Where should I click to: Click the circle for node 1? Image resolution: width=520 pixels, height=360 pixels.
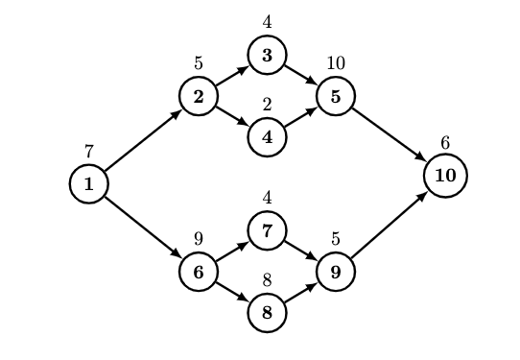(x=88, y=184)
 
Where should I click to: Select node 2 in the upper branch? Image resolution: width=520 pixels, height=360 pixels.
(x=198, y=97)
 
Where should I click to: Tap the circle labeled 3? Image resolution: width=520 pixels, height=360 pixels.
(x=267, y=56)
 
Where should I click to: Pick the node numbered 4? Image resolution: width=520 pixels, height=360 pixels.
(x=267, y=136)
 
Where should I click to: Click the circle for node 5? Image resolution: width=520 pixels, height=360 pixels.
(x=335, y=97)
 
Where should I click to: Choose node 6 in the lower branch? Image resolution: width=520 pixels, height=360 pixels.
(x=198, y=272)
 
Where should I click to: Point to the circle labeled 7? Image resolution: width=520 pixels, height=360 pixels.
(x=267, y=230)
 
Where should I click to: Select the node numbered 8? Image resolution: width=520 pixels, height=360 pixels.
(x=267, y=312)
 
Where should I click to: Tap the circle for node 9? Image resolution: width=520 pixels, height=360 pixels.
(x=335, y=272)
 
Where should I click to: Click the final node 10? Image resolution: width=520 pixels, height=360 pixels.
(x=445, y=177)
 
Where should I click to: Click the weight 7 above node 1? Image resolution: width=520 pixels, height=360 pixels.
(x=88, y=151)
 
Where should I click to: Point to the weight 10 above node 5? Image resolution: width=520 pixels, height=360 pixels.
(x=335, y=63)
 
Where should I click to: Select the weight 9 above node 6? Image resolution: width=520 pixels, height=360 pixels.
(x=198, y=238)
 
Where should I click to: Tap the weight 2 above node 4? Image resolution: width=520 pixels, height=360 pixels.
(x=267, y=104)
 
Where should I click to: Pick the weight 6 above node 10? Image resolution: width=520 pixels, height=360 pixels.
(x=445, y=143)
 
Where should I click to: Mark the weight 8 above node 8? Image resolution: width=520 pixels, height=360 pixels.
(x=267, y=279)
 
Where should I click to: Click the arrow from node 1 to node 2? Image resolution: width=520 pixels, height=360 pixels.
(x=143, y=141)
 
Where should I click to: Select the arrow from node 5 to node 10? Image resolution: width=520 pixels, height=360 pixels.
(x=390, y=136)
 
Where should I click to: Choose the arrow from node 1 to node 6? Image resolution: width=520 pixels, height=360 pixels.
(x=143, y=228)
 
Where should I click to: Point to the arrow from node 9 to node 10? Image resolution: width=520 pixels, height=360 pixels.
(x=390, y=225)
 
